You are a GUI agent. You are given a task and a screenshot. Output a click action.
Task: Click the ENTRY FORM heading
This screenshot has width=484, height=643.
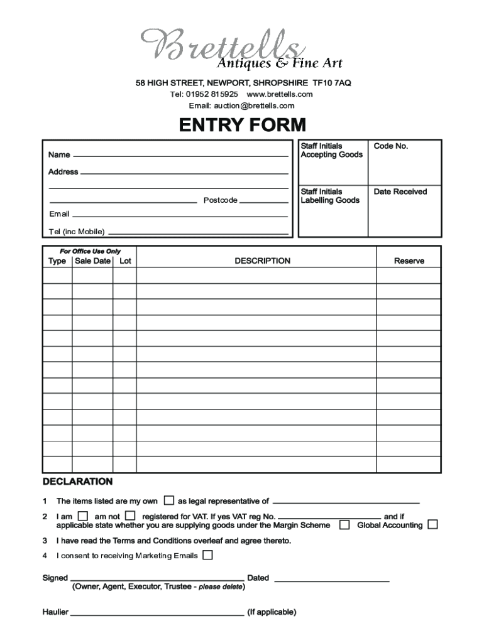pyautogui.click(x=242, y=126)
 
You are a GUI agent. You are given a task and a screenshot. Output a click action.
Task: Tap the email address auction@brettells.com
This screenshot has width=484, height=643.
pyautogui.click(x=241, y=105)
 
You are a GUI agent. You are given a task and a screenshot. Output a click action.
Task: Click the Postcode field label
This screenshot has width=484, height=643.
pyautogui.click(x=220, y=200)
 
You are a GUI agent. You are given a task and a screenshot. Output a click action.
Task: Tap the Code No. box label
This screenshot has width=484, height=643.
pyautogui.click(x=391, y=146)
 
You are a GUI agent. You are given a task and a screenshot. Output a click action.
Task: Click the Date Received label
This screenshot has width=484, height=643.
pyautogui.click(x=400, y=192)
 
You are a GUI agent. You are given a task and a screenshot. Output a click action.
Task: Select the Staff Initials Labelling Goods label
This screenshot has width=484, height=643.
pyautogui.click(x=330, y=196)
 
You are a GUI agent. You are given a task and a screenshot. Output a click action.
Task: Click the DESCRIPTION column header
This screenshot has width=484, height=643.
pyautogui.click(x=262, y=261)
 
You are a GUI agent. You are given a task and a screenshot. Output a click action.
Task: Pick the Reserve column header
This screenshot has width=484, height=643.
pyautogui.click(x=409, y=261)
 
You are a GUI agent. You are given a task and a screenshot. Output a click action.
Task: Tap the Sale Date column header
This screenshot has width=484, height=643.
pyautogui.click(x=92, y=261)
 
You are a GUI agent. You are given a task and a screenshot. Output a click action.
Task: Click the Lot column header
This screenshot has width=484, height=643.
pyautogui.click(x=125, y=261)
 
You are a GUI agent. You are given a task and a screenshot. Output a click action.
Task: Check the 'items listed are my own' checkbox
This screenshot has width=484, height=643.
pyautogui.click(x=168, y=500)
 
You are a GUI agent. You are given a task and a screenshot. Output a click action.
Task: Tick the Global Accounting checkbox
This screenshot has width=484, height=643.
pyautogui.click(x=432, y=524)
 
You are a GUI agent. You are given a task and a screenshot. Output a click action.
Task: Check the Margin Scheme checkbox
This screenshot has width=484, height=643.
pyautogui.click(x=344, y=524)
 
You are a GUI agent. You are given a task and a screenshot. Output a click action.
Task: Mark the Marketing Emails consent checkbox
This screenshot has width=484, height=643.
pyautogui.click(x=207, y=555)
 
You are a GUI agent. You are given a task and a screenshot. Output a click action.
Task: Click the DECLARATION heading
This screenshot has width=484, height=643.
pyautogui.click(x=77, y=482)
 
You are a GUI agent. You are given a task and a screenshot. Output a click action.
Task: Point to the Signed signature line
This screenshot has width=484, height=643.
pyautogui.click(x=157, y=578)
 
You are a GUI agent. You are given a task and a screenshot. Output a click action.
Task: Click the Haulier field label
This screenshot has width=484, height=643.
pyautogui.click(x=55, y=612)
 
